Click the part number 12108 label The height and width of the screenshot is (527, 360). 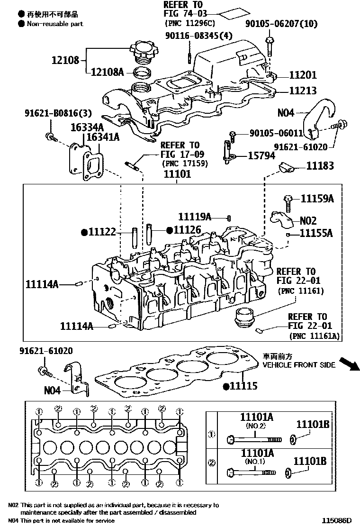click(66, 61)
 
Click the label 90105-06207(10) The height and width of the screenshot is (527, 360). click(281, 24)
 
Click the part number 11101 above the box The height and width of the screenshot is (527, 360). click(177, 174)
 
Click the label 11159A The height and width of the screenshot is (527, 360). click(317, 199)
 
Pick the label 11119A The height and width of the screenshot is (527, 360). click(194, 217)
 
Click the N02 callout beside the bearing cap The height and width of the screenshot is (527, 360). click(308, 221)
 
